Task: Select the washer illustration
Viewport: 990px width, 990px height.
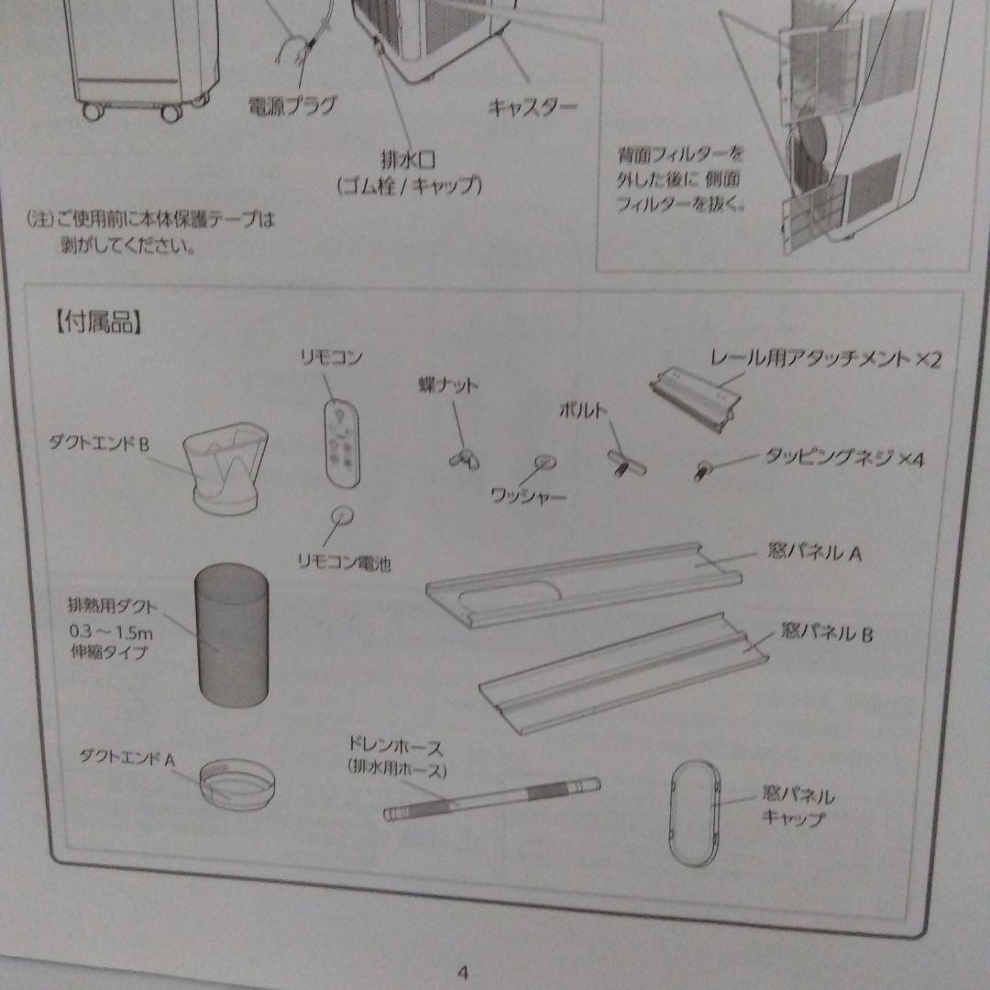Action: click(x=545, y=462)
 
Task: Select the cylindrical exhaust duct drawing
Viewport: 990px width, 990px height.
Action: click(x=232, y=639)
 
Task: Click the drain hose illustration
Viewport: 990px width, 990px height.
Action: click(x=491, y=798)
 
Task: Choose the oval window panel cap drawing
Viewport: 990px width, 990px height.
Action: click(x=694, y=813)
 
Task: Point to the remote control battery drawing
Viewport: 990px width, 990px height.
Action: click(x=343, y=516)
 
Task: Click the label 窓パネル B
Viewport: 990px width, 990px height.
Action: click(x=828, y=632)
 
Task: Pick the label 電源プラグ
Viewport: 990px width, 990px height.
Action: click(x=292, y=105)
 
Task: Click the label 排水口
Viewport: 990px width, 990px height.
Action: click(x=408, y=160)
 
